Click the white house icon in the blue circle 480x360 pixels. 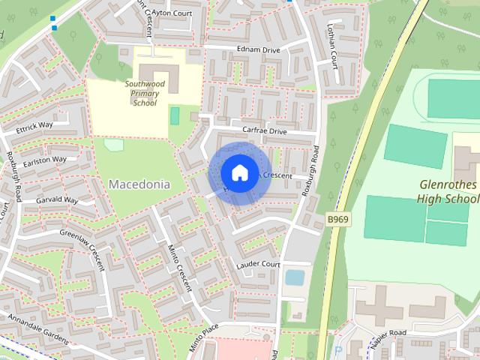(x=238, y=172)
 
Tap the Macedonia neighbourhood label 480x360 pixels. (x=139, y=184)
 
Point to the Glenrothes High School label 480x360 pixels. (x=448, y=192)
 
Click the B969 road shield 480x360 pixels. (x=339, y=219)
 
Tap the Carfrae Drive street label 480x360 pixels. (x=259, y=130)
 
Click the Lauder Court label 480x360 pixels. (x=258, y=265)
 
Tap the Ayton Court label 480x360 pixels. (x=171, y=13)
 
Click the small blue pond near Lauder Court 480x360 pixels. (x=295, y=277)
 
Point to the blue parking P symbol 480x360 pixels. (x=337, y=351)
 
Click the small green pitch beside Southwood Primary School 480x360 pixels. (x=175, y=116)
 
